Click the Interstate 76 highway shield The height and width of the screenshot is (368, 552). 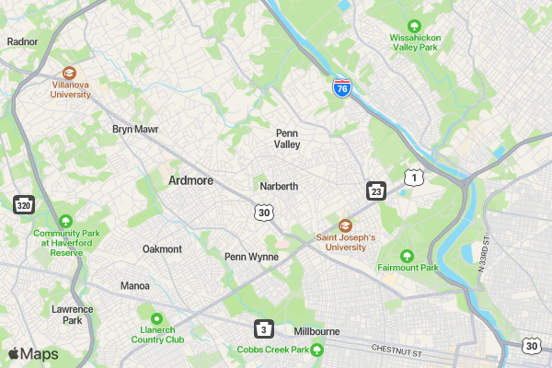coord(342,88)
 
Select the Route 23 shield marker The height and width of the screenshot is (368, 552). coord(376,190)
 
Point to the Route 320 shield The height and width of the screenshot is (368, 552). coord(23,203)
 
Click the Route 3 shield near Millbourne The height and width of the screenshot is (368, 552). coord(264,328)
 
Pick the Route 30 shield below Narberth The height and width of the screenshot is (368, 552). coord(264,213)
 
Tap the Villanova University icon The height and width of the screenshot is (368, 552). coord(69,73)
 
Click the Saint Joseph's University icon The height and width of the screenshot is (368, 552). coord(346,225)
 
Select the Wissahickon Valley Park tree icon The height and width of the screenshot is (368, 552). coord(415,26)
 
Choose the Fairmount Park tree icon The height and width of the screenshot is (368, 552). coord(408,255)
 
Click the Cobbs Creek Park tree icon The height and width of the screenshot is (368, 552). coord(316,350)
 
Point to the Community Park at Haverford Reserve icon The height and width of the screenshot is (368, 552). coord(65,221)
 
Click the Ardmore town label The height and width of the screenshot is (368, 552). coord(191,181)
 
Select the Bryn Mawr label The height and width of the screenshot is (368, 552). coord(135,130)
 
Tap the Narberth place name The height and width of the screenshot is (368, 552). coord(279,186)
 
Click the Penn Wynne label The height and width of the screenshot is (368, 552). coord(251,257)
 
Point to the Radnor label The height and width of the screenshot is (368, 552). coord(21,41)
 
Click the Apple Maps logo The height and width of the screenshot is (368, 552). coord(33,354)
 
